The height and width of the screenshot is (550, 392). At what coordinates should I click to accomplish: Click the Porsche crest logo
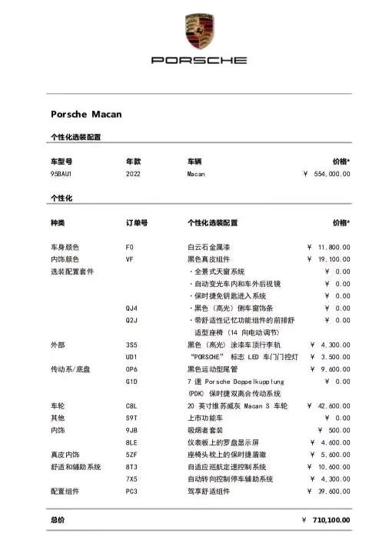(x=196, y=32)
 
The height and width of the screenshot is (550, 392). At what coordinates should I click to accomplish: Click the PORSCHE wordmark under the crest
(x=199, y=59)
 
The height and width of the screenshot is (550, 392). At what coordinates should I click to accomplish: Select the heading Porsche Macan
(x=86, y=115)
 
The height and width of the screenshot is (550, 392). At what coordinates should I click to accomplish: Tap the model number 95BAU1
(x=61, y=174)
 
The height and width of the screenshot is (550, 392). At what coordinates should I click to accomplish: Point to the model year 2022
(x=134, y=174)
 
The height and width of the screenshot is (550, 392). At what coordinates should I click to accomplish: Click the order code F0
(x=129, y=247)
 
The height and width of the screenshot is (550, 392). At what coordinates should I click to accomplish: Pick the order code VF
(x=129, y=259)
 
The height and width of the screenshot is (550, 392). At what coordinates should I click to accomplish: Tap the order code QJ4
(x=131, y=308)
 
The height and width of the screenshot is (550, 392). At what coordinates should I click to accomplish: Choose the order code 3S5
(x=131, y=345)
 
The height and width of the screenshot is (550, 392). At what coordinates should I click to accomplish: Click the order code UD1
(x=131, y=357)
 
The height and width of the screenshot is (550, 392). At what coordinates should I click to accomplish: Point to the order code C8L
(x=131, y=405)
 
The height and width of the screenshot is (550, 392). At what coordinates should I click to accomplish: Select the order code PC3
(x=131, y=491)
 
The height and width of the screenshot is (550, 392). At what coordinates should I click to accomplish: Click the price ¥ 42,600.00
(x=329, y=405)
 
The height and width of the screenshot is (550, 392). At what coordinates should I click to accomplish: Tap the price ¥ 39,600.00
(x=329, y=491)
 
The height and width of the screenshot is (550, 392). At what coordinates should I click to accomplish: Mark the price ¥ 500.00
(x=334, y=430)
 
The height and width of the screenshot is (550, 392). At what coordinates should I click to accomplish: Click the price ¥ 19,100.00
(x=329, y=259)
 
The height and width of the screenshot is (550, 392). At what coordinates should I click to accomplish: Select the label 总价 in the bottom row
(x=58, y=520)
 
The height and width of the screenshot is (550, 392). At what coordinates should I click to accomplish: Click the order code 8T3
(x=131, y=467)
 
